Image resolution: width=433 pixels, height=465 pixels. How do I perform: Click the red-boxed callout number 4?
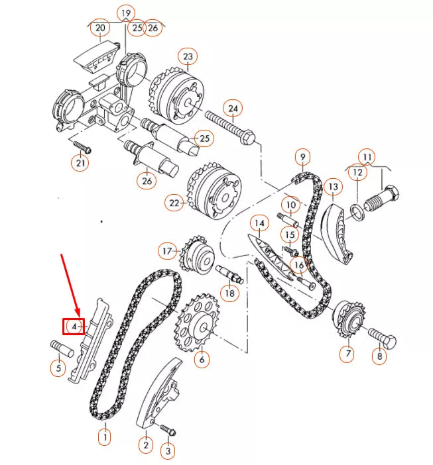(74, 326)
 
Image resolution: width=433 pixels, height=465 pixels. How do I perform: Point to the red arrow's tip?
(79, 315)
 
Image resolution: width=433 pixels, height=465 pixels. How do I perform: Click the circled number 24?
(232, 108)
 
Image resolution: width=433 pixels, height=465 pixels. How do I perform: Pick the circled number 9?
(302, 157)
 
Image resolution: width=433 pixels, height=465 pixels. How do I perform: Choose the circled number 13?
(333, 188)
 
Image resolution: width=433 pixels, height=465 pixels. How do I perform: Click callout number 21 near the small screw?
(80, 163)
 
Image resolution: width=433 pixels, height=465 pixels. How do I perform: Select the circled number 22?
(174, 203)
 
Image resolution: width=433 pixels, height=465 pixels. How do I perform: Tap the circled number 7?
(346, 354)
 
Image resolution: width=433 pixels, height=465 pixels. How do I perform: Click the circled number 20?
(100, 28)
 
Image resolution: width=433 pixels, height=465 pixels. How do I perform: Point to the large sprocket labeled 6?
(198, 325)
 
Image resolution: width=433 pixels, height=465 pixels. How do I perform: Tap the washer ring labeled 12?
(357, 211)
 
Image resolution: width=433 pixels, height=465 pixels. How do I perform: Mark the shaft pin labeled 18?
(228, 274)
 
